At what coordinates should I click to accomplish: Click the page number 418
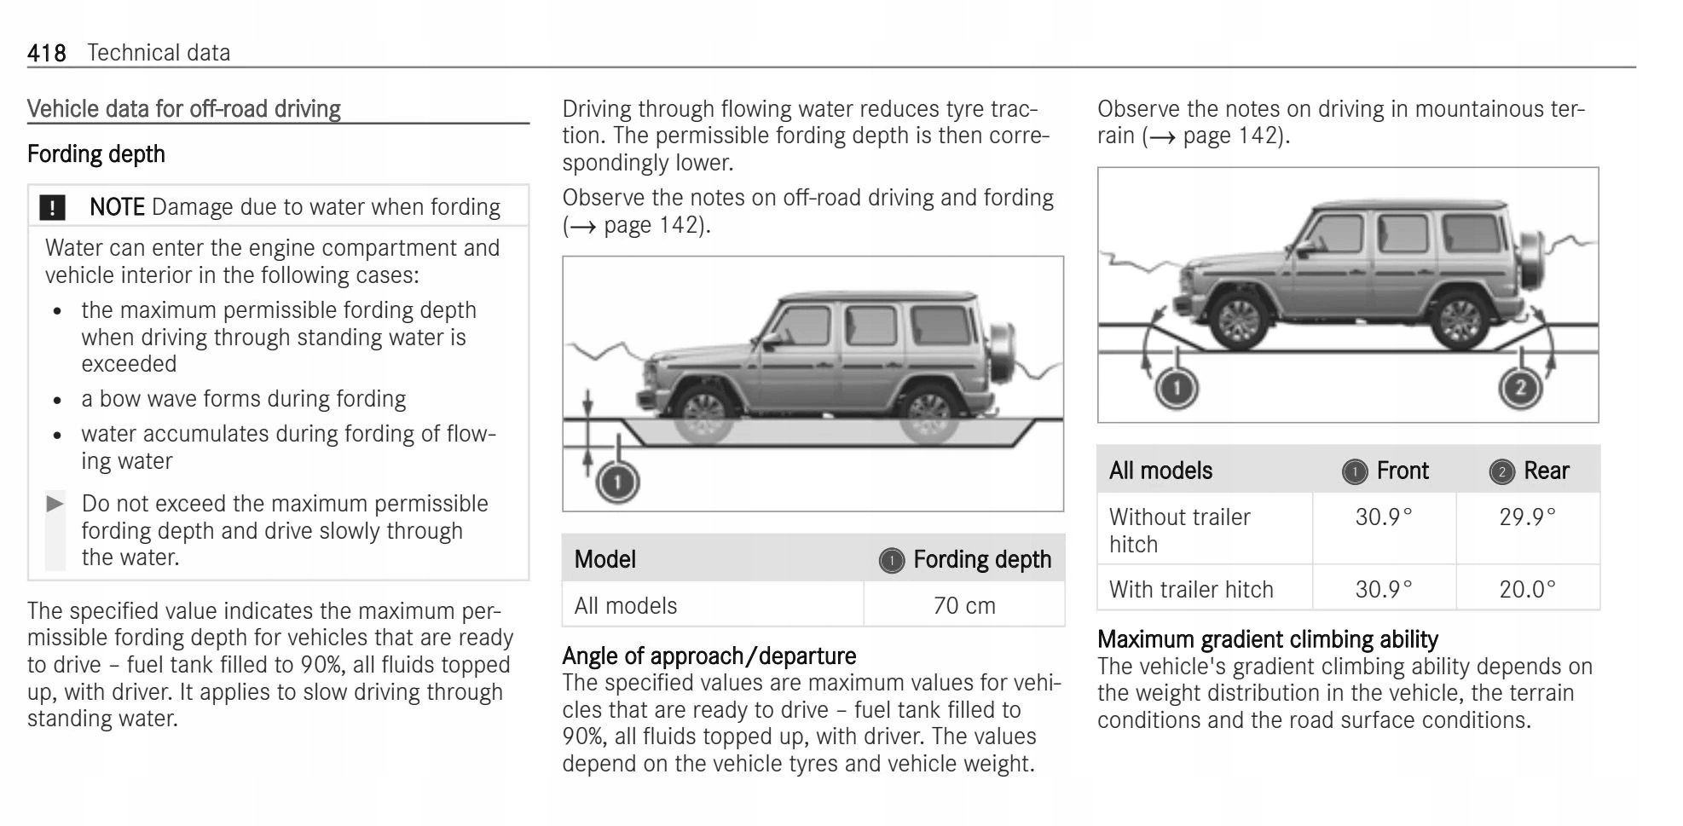tap(46, 53)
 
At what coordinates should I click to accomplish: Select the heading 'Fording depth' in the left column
tap(96, 154)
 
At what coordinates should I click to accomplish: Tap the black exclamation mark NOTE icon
tap(52, 207)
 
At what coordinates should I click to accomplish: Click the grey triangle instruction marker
tap(55, 503)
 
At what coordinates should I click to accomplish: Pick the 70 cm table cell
tap(963, 605)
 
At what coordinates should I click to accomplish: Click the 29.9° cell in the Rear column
tap(1527, 517)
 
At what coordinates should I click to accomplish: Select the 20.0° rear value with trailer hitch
tap(1527, 589)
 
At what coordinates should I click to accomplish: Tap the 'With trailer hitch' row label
tap(1191, 589)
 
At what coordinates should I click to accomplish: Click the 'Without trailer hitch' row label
tap(1179, 530)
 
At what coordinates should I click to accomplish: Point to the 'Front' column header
tap(1402, 471)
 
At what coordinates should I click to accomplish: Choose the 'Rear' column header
tap(1546, 471)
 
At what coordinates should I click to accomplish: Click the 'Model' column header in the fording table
tap(604, 559)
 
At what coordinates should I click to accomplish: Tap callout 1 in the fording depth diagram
tap(617, 482)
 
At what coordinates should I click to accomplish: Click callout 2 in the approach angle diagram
tap(1520, 389)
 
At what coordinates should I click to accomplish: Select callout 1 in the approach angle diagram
tap(1177, 389)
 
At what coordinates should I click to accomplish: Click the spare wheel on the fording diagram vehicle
tap(1001, 352)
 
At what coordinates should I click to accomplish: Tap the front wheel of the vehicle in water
tap(704, 416)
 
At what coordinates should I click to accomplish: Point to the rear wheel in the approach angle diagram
tap(1460, 321)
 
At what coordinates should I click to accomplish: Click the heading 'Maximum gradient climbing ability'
tap(1267, 639)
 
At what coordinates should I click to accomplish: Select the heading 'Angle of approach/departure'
tap(708, 656)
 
